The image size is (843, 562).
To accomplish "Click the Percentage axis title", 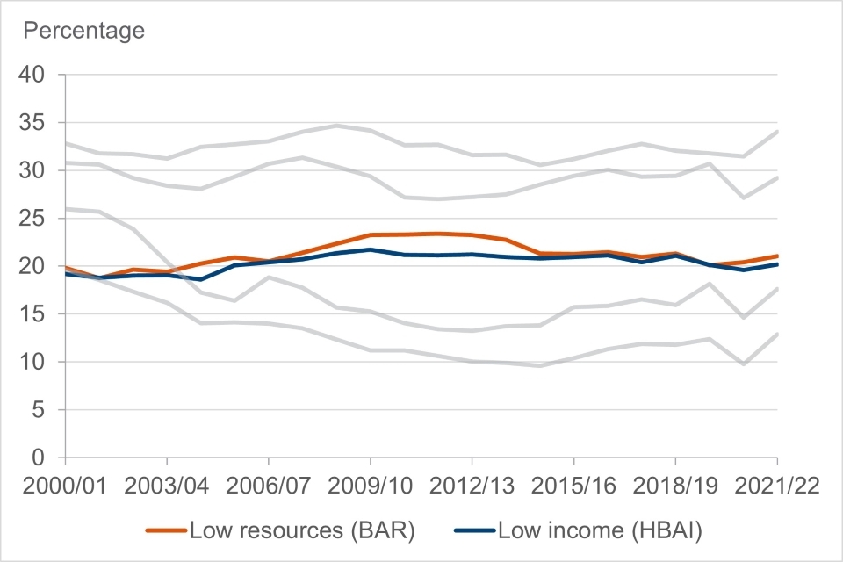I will pyautogui.click(x=83, y=32).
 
